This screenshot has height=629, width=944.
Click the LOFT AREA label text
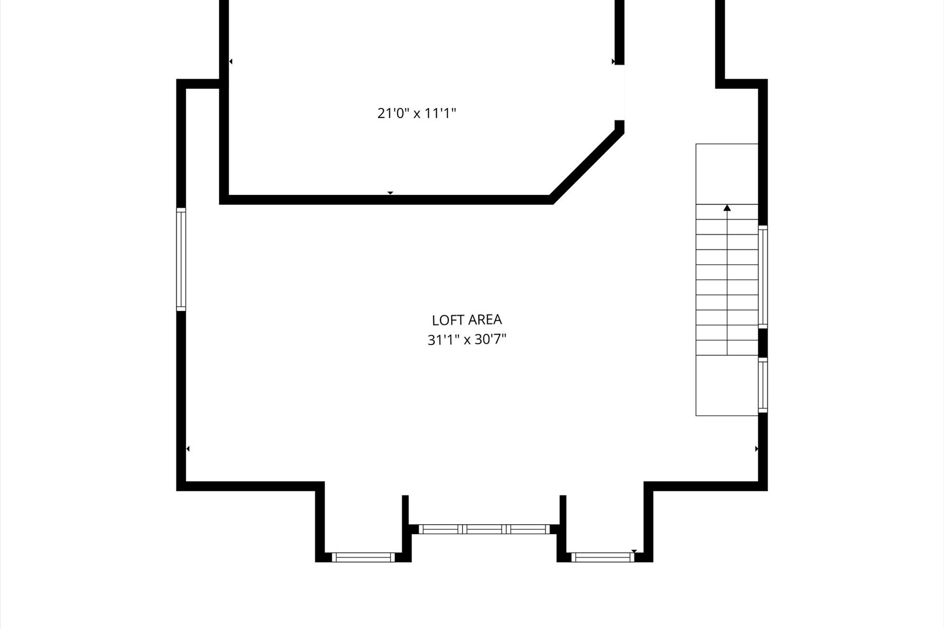click(x=467, y=320)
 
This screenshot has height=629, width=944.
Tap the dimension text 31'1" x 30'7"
click(x=467, y=340)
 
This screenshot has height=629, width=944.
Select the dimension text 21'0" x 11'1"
click(x=417, y=113)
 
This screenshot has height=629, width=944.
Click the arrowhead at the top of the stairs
click(x=727, y=208)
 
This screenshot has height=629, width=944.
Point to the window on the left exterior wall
click(x=181, y=258)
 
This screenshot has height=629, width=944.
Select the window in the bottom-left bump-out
click(x=363, y=557)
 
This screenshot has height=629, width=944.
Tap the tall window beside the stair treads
click(x=763, y=277)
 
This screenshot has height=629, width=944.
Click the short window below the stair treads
click(x=763, y=385)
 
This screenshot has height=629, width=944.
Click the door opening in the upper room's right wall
click(x=619, y=92)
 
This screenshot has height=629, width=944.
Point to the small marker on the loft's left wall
click(x=188, y=449)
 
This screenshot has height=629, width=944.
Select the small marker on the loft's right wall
click(x=757, y=449)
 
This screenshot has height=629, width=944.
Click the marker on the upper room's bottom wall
click(x=390, y=193)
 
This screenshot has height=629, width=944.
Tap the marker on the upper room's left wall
click(x=231, y=61)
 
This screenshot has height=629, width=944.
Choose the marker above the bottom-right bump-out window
click(x=634, y=551)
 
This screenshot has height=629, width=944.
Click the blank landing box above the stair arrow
click(x=727, y=173)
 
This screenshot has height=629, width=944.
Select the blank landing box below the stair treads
click(x=727, y=385)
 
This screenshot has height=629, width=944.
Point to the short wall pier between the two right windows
click(x=763, y=343)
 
